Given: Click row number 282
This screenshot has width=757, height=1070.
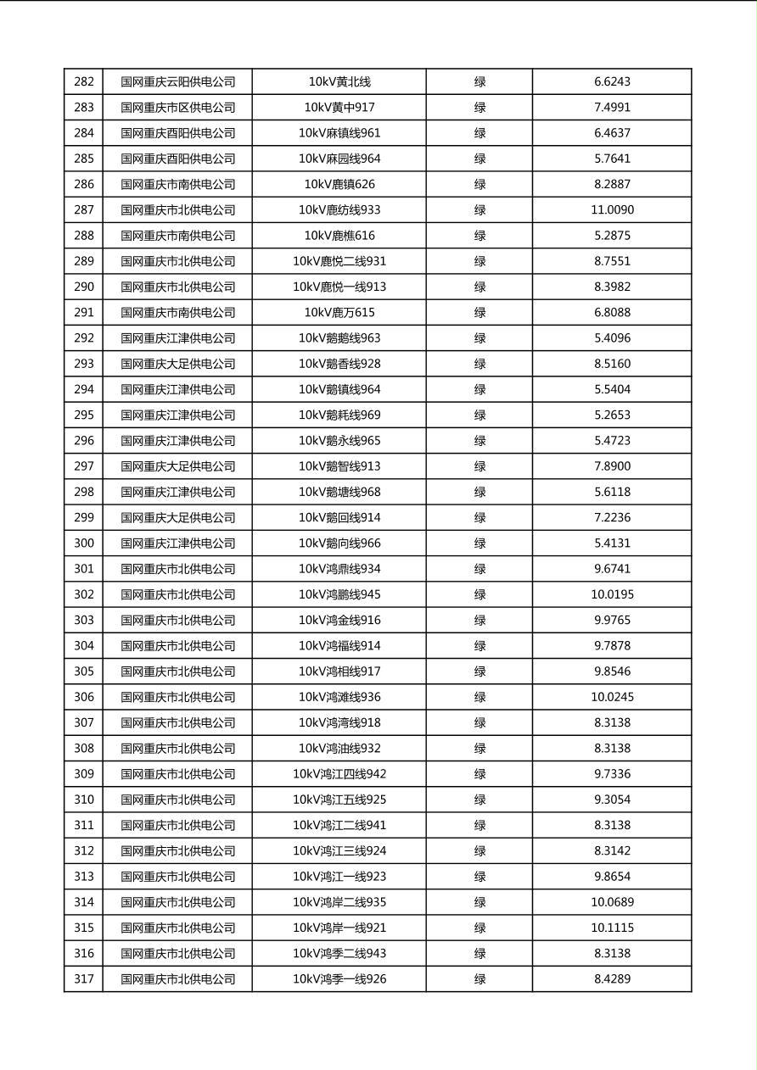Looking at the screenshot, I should pyautogui.click(x=84, y=82).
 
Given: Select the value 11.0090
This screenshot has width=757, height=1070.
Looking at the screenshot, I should pyautogui.click(x=612, y=210).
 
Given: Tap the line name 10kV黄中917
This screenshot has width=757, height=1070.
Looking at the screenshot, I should pyautogui.click(x=339, y=108).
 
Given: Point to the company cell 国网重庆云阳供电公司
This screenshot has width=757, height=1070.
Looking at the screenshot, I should pyautogui.click(x=177, y=82).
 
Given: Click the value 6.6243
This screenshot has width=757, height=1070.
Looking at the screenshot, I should pyautogui.click(x=612, y=82).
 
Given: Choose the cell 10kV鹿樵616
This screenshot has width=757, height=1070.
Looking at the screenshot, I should pyautogui.click(x=339, y=236).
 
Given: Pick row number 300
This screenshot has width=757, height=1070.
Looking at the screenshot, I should pyautogui.click(x=84, y=543).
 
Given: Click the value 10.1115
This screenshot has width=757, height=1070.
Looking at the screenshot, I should pyautogui.click(x=612, y=928).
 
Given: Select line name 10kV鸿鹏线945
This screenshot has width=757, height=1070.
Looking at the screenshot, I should pyautogui.click(x=339, y=594).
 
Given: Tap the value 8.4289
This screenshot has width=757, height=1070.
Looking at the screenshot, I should pyautogui.click(x=612, y=979).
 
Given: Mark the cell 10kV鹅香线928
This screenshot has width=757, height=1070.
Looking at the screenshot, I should pyautogui.click(x=339, y=364).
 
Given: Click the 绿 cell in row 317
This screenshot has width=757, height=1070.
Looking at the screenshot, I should pyautogui.click(x=479, y=979).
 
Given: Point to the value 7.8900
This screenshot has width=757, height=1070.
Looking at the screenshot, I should pyautogui.click(x=612, y=466).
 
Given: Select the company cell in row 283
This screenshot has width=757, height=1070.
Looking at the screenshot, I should pyautogui.click(x=177, y=108).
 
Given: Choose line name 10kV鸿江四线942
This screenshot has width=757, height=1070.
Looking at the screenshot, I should pyautogui.click(x=339, y=774).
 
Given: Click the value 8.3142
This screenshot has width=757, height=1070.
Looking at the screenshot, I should pyautogui.click(x=612, y=851).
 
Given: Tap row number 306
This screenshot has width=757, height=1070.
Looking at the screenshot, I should pyautogui.click(x=84, y=697).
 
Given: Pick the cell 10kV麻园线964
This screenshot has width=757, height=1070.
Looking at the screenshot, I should pyautogui.click(x=339, y=159).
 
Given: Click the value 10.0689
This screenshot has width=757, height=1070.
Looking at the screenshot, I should pyautogui.click(x=612, y=902).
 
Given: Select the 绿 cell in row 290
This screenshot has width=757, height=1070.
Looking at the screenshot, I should pyautogui.click(x=479, y=287).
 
